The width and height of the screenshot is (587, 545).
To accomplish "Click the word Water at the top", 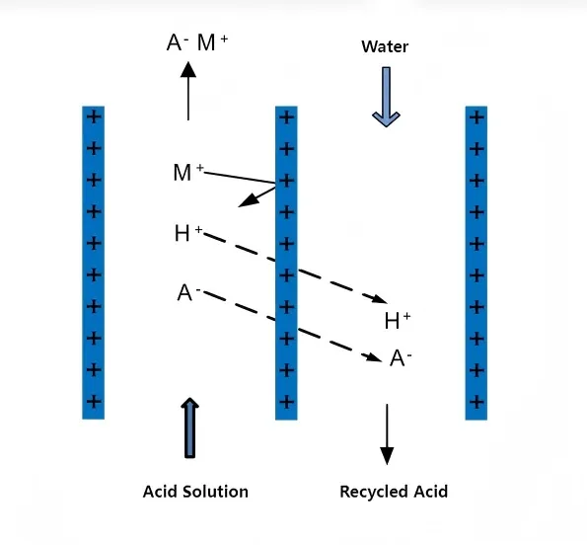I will [385, 46].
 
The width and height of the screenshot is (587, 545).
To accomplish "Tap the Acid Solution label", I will [195, 491].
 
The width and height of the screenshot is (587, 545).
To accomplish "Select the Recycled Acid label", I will [393, 491].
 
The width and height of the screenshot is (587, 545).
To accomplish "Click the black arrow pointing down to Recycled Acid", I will [387, 434].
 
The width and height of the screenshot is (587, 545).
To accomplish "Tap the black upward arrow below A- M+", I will [187, 91].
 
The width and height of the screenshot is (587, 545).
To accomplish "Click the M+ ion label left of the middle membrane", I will [187, 174].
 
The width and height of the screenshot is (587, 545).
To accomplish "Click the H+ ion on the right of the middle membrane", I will [397, 320].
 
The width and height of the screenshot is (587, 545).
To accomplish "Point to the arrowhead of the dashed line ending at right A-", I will [374, 357].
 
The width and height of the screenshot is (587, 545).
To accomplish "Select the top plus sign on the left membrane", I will [94, 117].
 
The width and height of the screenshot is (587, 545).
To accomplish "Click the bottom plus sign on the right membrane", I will [477, 402].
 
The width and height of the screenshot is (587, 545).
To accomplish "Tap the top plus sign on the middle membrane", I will [286, 117].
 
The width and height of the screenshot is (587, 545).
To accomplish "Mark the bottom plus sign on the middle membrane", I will [286, 402].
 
